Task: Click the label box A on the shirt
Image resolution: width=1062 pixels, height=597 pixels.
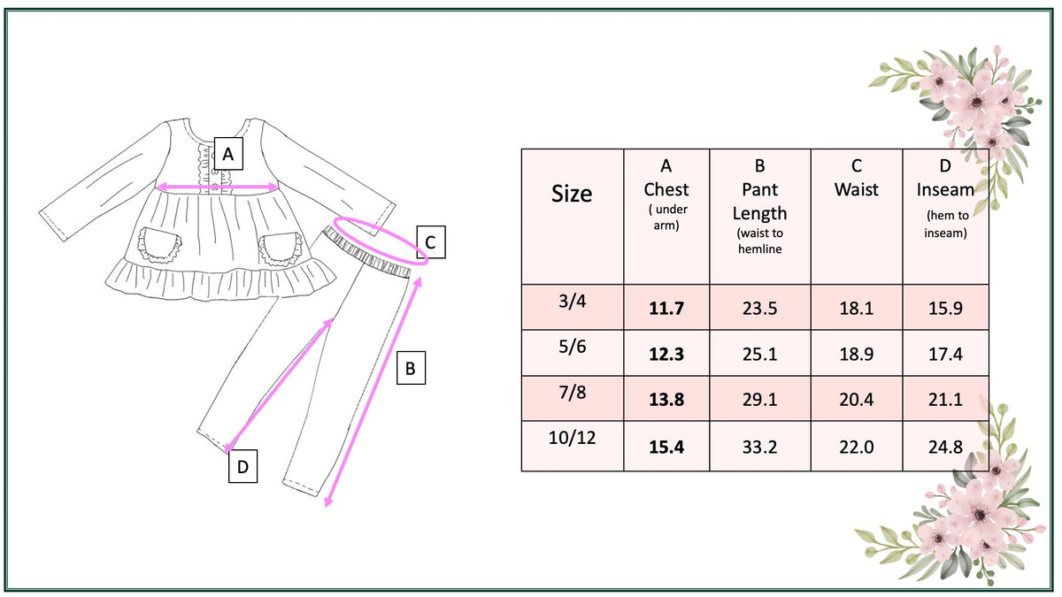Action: (x=228, y=154)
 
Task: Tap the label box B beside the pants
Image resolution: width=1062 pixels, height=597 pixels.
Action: (x=411, y=368)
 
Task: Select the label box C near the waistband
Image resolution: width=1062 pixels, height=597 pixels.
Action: (x=430, y=242)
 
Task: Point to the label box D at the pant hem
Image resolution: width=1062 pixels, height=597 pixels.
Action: (x=242, y=466)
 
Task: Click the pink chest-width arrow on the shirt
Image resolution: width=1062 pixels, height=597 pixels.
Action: (x=217, y=188)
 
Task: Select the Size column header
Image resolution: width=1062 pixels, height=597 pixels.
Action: (x=572, y=194)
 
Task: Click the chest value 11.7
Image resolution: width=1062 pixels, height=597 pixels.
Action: (x=666, y=309)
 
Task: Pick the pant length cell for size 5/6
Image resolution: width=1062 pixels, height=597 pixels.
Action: (x=759, y=354)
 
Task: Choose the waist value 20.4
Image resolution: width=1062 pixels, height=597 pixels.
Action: (x=857, y=400)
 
